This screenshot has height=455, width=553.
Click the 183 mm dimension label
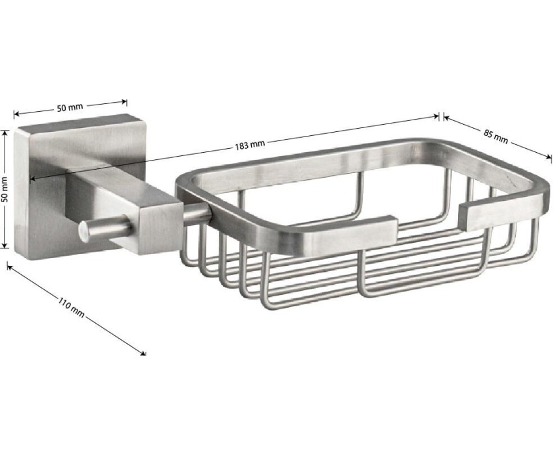pos(250,144)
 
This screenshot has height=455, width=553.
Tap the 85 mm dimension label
pos(496,136)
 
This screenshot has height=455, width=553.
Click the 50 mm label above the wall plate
pos(70,107)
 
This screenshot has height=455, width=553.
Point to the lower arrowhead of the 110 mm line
pos(143,353)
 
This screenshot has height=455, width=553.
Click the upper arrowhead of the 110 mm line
pos(10,266)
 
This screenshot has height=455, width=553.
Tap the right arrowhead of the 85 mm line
pos(548,157)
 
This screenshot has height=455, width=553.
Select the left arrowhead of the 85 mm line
pos(446,118)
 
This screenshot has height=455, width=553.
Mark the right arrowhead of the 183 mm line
pos(436,116)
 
